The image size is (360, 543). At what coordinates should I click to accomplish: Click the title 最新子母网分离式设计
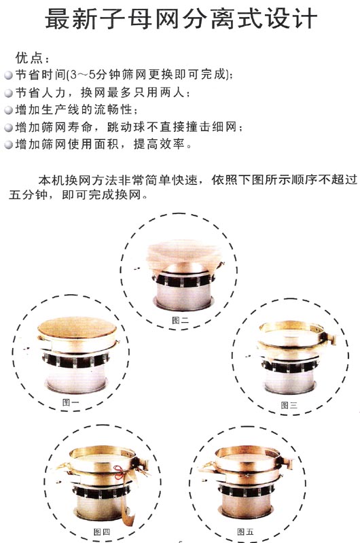pyautogui.click(x=181, y=19)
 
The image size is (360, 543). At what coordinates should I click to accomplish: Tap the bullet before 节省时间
pyautogui.click(x=8, y=75)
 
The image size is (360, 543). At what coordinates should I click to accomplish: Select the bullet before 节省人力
pyautogui.click(x=8, y=93)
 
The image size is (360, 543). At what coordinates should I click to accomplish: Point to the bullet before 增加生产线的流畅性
pyautogui.click(x=8, y=110)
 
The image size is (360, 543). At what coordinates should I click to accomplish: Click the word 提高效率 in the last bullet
pyautogui.click(x=158, y=144)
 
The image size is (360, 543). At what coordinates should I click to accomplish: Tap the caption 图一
pyautogui.click(x=70, y=402)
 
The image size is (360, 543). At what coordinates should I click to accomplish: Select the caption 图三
pyautogui.click(x=289, y=405)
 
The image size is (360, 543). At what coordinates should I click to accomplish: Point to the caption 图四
pyautogui.click(x=102, y=531)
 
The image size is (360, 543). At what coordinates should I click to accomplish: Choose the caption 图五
pyautogui.click(x=245, y=531)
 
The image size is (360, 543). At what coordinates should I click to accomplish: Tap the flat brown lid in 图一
pyautogui.click(x=77, y=328)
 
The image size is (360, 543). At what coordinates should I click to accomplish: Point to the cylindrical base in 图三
pyautogui.click(x=289, y=383)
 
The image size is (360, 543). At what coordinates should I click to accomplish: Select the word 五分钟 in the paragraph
pyautogui.click(x=28, y=194)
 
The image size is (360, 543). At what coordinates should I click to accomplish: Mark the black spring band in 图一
pyautogui.click(x=76, y=360)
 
